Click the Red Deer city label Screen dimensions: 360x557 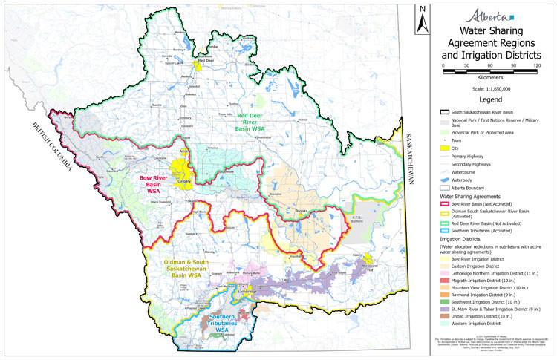point(195,60)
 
